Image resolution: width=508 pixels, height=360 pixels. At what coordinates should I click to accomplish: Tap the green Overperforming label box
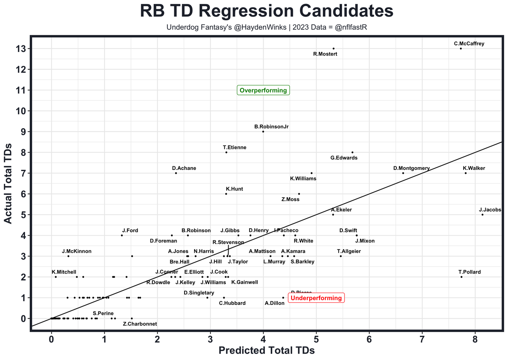click(x=263, y=90)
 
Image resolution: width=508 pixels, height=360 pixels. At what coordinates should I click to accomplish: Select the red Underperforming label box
click(x=316, y=298)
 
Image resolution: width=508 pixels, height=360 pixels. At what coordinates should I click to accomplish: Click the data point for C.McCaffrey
click(x=461, y=48)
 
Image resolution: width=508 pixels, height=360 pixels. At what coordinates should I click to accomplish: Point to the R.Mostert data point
click(x=333, y=48)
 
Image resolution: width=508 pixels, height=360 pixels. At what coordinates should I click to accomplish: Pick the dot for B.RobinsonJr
click(x=263, y=131)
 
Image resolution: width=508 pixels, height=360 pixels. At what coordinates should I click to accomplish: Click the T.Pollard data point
click(x=462, y=277)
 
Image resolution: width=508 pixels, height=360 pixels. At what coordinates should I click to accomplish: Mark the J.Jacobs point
click(x=483, y=214)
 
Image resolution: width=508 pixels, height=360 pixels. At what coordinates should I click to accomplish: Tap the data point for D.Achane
click(x=176, y=173)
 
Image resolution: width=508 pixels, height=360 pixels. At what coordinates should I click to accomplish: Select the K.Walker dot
click(x=466, y=173)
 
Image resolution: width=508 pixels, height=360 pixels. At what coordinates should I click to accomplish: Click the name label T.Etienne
click(x=235, y=148)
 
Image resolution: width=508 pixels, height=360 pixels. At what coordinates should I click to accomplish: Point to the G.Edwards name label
click(x=344, y=158)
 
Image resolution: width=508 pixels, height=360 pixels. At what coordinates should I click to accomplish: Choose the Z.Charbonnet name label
click(x=140, y=324)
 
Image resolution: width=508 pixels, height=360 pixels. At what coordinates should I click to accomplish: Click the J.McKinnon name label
click(x=77, y=251)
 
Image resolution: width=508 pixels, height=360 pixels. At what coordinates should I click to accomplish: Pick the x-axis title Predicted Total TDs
click(x=267, y=351)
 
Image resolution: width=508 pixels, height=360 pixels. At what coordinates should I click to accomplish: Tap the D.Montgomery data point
click(x=403, y=173)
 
